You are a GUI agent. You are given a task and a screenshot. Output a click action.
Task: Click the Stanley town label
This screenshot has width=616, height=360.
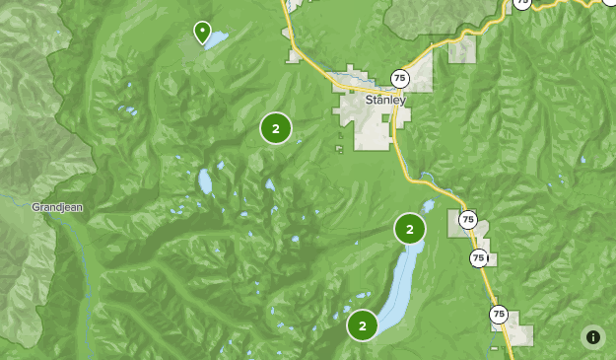point(385,100)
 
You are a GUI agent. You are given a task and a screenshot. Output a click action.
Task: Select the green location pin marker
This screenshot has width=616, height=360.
point(202,33)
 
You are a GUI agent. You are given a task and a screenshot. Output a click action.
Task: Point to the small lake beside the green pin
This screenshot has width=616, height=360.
point(216,40)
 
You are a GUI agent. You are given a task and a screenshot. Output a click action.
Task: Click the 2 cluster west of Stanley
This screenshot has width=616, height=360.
point(276,128)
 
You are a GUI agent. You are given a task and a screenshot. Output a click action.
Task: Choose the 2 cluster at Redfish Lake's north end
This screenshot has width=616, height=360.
point(410,229)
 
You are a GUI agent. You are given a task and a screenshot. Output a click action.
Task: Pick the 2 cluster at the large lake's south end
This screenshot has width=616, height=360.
point(363,324)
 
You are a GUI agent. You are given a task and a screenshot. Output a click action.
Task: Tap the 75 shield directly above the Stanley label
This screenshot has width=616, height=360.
point(399,78)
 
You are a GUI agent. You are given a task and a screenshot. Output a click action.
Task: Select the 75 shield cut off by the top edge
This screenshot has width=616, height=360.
point(521,3)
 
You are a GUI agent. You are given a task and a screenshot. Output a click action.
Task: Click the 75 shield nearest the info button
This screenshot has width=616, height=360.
point(499,315)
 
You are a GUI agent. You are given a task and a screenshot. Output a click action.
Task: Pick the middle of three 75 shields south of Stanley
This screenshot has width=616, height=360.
point(479,258)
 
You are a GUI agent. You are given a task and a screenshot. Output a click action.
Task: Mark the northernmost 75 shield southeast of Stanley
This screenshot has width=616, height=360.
point(467,220)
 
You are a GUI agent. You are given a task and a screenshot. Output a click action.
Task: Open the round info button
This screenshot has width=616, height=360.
point(592,336)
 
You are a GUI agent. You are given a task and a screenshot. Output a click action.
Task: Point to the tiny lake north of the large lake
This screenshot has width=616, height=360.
point(428,207)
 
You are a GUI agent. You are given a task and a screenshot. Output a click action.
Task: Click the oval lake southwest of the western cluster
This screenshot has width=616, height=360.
point(205,181)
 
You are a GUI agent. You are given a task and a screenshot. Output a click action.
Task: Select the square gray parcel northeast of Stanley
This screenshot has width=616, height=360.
point(461,50)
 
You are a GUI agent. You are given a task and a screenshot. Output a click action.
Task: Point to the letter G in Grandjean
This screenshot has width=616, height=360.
point(35,207)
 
